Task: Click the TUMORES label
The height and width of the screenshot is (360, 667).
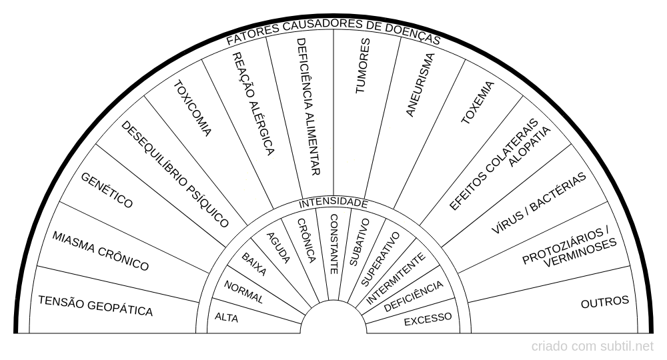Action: (362, 66)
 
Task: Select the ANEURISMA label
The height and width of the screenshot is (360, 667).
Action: (420, 85)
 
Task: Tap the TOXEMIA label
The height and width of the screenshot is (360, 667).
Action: (478, 103)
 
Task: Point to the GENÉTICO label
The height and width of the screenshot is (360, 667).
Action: (107, 190)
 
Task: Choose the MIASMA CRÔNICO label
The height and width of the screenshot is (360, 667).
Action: (101, 251)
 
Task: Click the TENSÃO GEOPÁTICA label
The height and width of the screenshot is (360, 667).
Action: (95, 306)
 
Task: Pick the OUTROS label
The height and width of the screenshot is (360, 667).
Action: (604, 302)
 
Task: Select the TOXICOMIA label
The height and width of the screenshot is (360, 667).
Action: (192, 109)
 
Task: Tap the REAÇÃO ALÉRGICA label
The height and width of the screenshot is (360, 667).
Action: (253, 104)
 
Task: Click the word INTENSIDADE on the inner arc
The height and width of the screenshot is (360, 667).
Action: (333, 203)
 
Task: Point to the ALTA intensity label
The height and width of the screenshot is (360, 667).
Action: (226, 317)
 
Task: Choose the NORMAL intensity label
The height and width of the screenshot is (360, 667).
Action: (243, 292)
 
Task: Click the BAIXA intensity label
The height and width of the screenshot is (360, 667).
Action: (254, 264)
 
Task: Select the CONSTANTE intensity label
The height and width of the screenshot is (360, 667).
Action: (334, 244)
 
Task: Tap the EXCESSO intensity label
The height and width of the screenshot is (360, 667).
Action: (428, 319)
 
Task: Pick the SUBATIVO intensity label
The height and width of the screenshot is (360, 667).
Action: (360, 242)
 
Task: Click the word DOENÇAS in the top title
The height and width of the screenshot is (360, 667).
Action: (412, 34)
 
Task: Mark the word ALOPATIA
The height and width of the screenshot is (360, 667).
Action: (530, 147)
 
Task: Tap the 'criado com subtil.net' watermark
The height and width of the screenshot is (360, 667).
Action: (592, 347)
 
